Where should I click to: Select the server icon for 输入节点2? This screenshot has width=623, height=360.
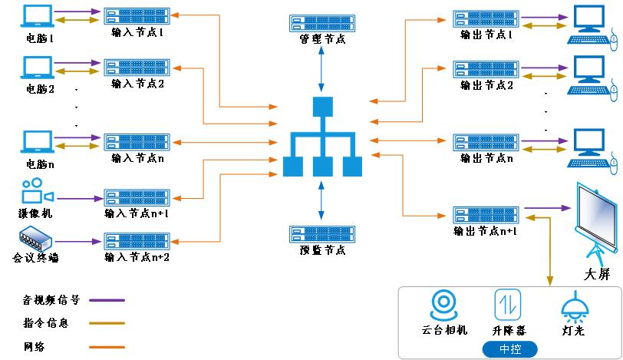126,67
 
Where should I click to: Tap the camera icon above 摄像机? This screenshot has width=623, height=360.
37,192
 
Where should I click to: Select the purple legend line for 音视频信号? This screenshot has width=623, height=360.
107,300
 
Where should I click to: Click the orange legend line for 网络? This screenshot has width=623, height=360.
107,346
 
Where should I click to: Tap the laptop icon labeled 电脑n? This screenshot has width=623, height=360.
39,143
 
